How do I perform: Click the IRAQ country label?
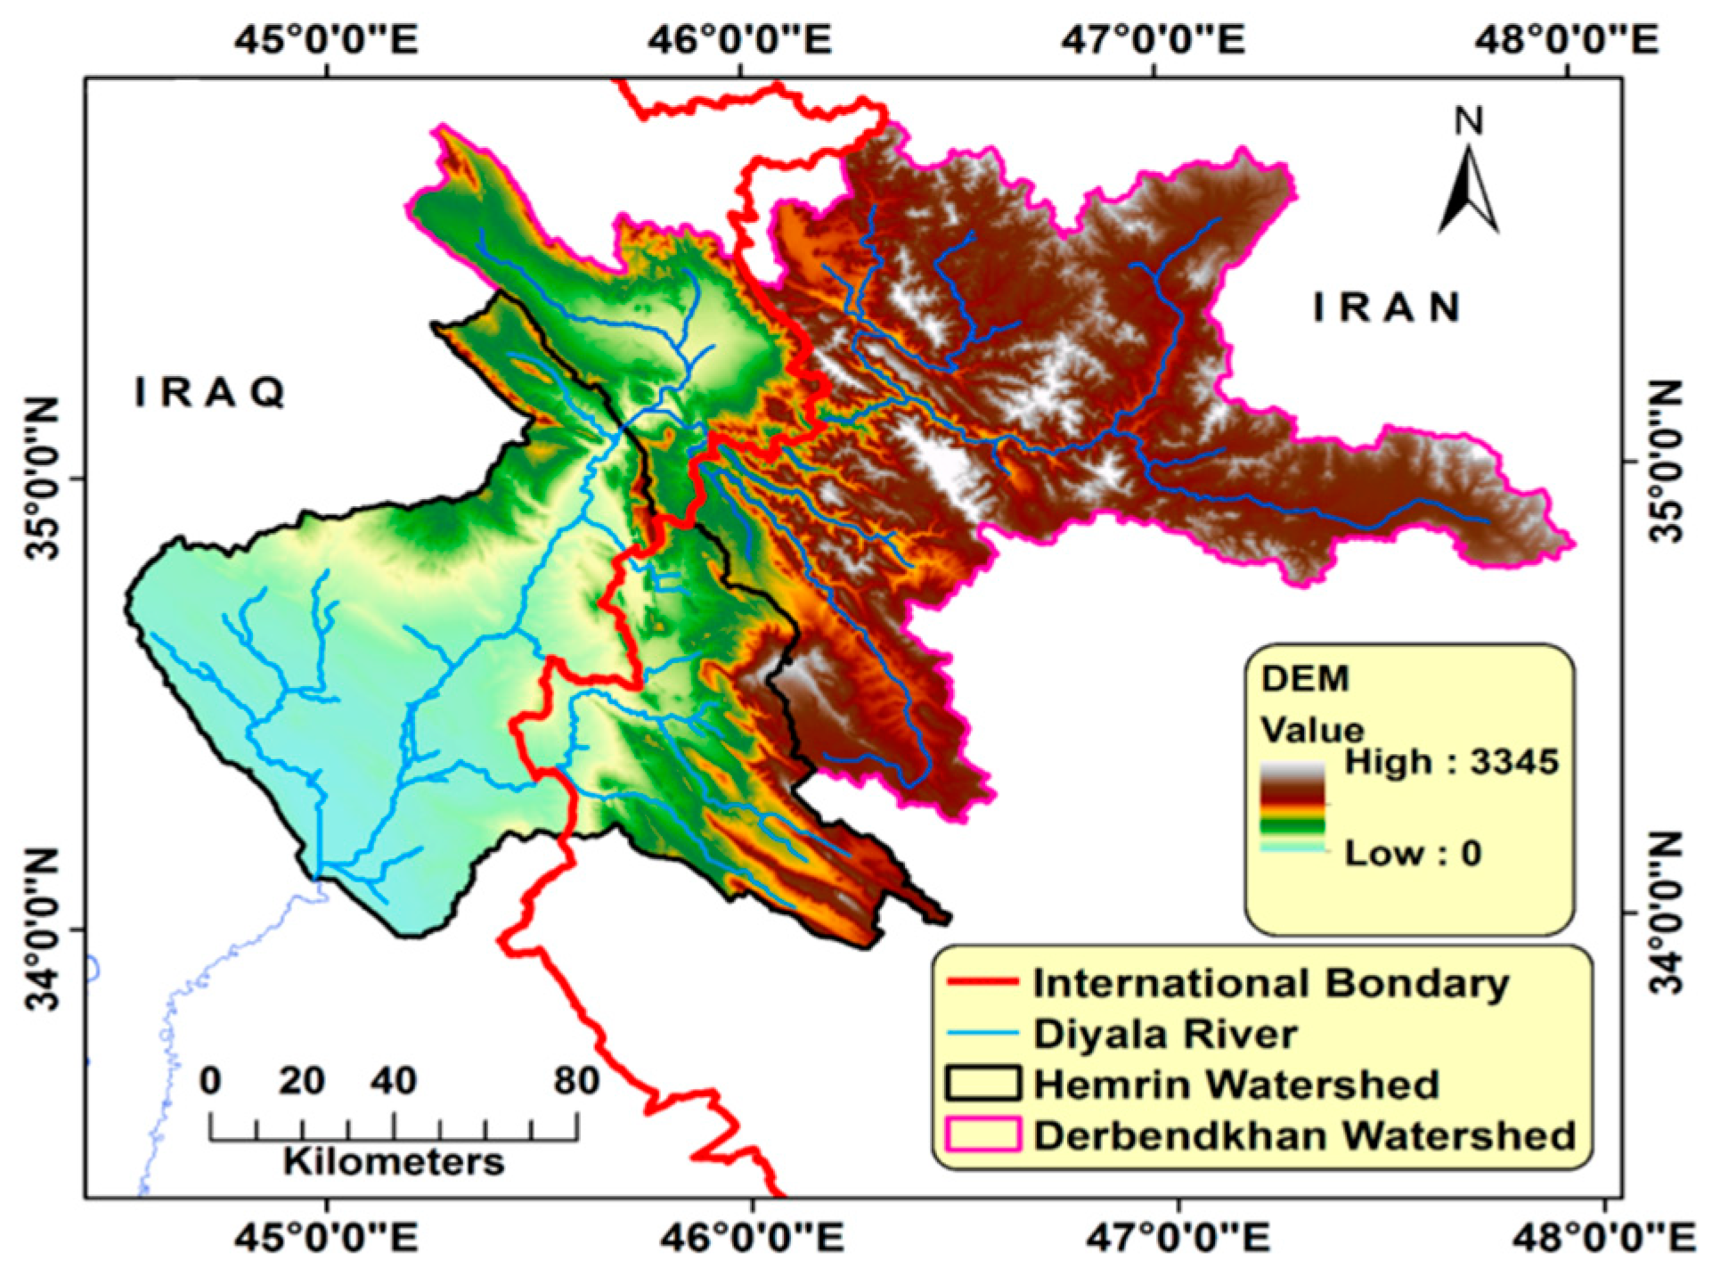(x=210, y=392)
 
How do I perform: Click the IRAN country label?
(x=1388, y=308)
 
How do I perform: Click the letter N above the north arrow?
(x=1469, y=121)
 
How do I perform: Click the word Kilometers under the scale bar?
(x=394, y=1162)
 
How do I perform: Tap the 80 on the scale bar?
(x=576, y=1081)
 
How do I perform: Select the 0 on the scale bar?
(x=211, y=1081)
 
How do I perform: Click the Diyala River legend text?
(x=1165, y=1034)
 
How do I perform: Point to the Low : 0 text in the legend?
(x=1412, y=853)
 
